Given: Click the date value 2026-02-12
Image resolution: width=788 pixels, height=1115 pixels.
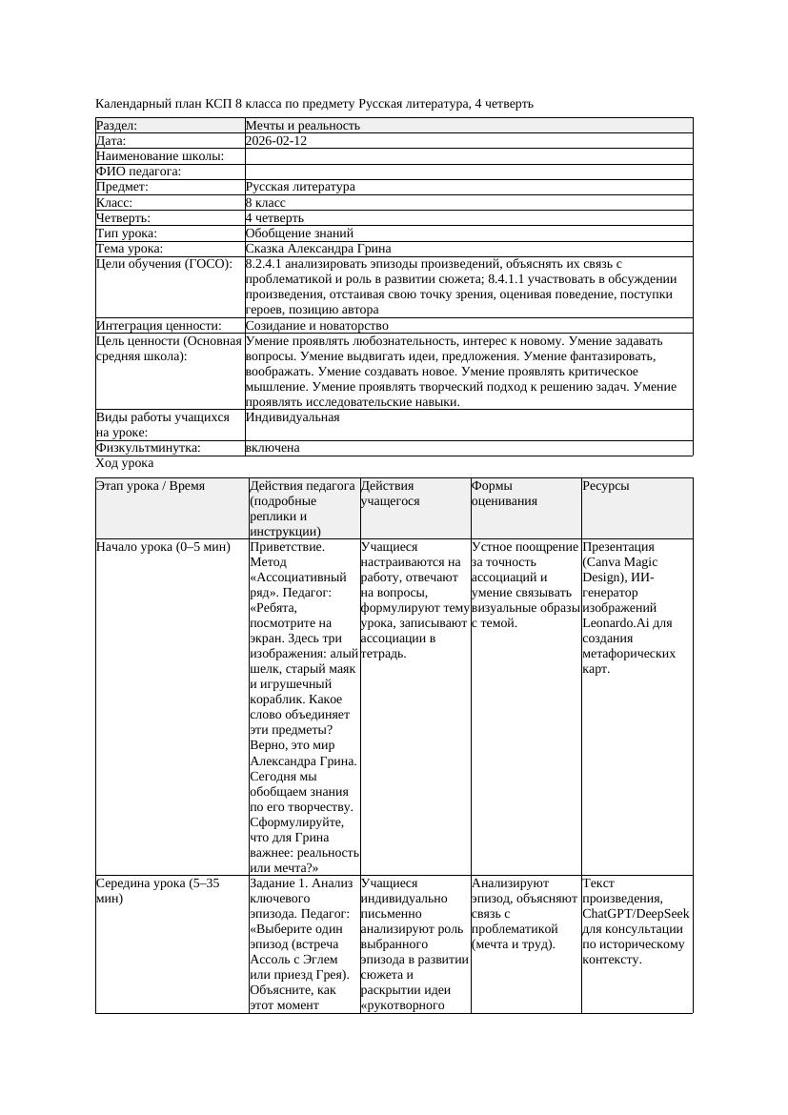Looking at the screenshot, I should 275,141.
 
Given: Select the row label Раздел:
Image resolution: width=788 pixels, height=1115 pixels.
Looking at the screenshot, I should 117,126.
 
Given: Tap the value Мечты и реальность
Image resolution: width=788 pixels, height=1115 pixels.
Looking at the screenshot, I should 303,126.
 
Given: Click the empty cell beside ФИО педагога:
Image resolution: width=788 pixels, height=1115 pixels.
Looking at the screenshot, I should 468,172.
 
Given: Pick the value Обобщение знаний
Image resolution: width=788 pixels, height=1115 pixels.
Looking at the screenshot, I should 299,233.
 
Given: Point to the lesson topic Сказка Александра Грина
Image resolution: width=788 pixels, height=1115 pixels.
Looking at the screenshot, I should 317,248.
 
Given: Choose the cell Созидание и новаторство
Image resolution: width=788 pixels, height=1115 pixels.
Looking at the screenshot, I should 316,326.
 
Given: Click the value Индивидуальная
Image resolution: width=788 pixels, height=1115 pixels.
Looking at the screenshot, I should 293,417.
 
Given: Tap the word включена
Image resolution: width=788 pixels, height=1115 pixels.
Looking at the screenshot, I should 273,448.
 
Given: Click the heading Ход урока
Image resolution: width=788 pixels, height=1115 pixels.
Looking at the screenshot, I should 125,463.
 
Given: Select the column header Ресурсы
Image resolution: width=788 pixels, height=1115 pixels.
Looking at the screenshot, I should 605,486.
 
